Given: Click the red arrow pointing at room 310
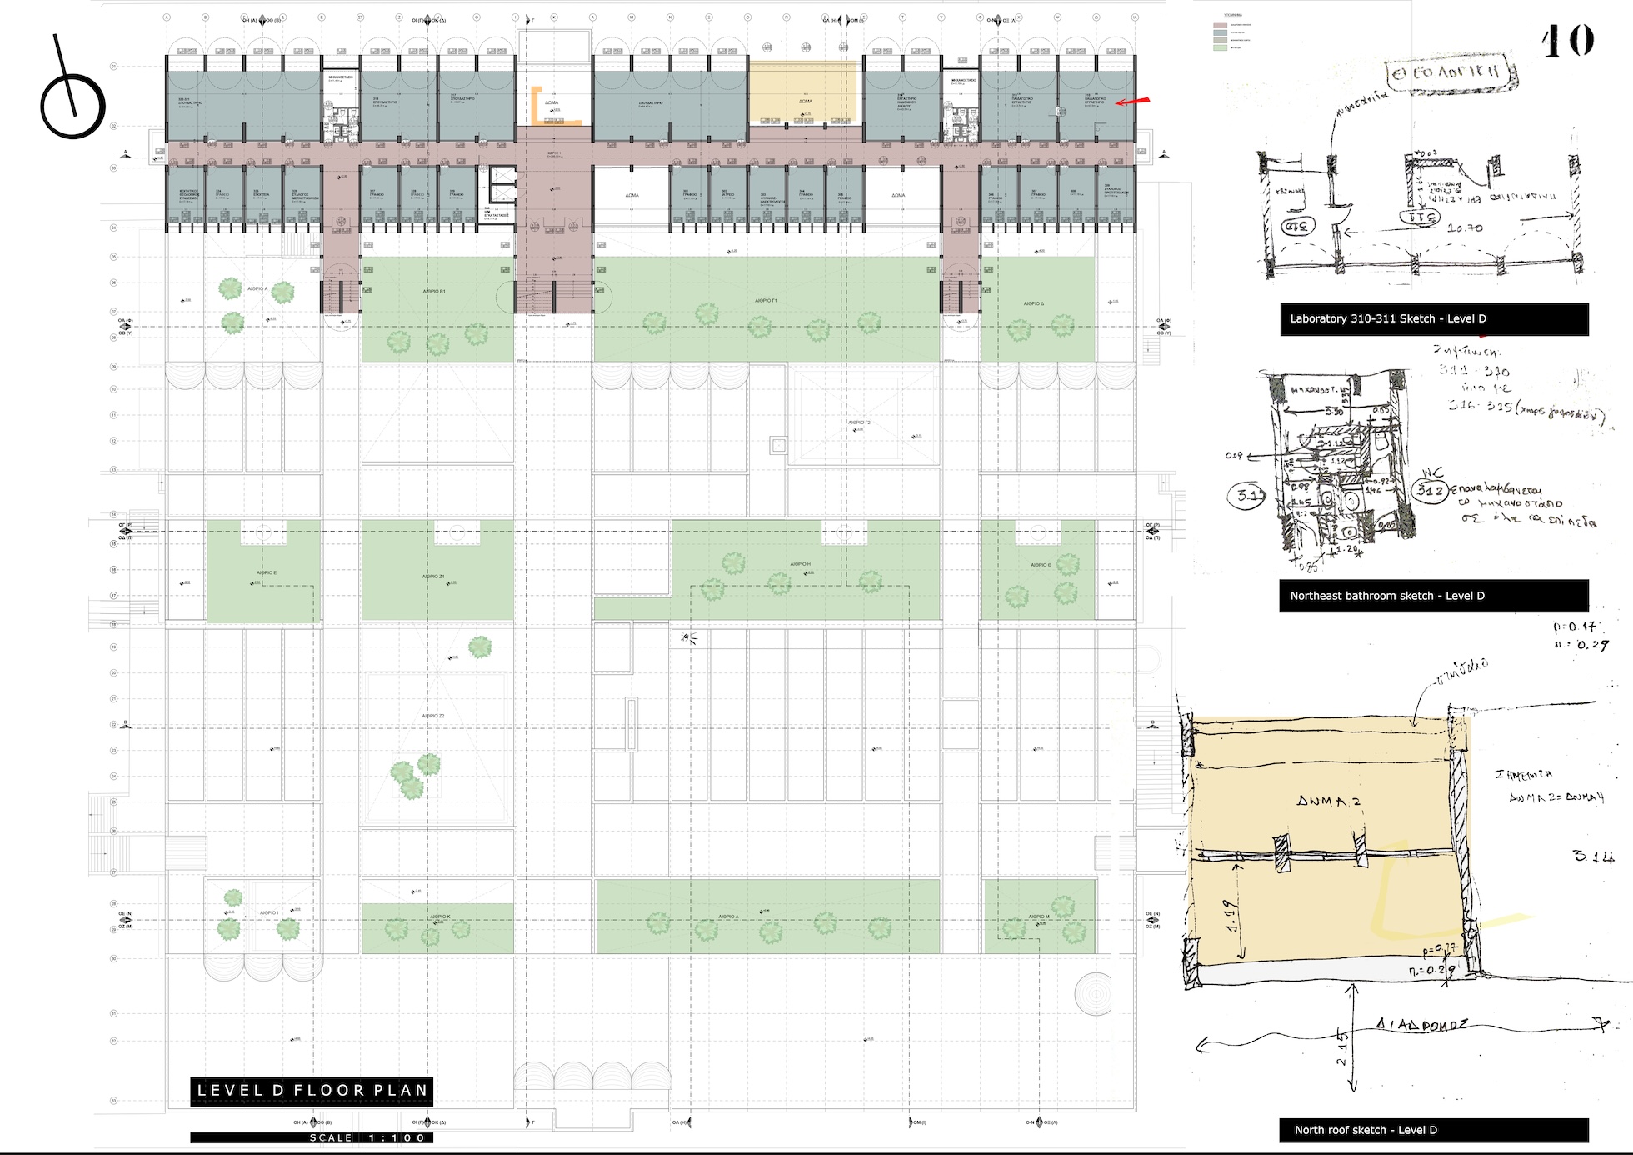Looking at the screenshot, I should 1132,102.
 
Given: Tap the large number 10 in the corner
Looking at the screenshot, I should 1567,41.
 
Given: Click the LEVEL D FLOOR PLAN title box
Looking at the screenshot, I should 312,1090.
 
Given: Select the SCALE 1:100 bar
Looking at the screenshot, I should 312,1137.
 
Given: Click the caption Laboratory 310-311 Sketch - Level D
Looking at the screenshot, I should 1433,319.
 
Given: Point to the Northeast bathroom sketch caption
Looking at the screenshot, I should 1433,596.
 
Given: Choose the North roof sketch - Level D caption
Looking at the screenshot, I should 1433,1130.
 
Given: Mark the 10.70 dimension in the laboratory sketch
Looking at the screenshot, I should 1465,227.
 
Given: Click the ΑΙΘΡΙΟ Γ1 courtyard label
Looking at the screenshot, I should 765,300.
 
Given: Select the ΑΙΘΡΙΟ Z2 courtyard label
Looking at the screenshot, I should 432,716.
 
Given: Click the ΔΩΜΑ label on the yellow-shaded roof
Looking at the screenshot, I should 805,102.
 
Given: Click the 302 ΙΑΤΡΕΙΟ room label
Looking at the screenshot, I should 727,194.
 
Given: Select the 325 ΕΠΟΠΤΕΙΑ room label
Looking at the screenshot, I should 262,193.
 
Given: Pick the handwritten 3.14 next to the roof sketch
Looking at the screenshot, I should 1593,856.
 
